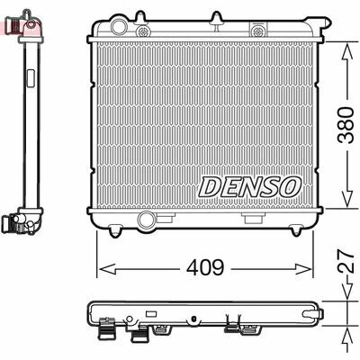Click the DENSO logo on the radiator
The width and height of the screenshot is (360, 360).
tap(248, 186)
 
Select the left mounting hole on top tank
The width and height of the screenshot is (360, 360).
tap(142, 32)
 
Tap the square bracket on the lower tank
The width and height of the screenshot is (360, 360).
tap(253, 219)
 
